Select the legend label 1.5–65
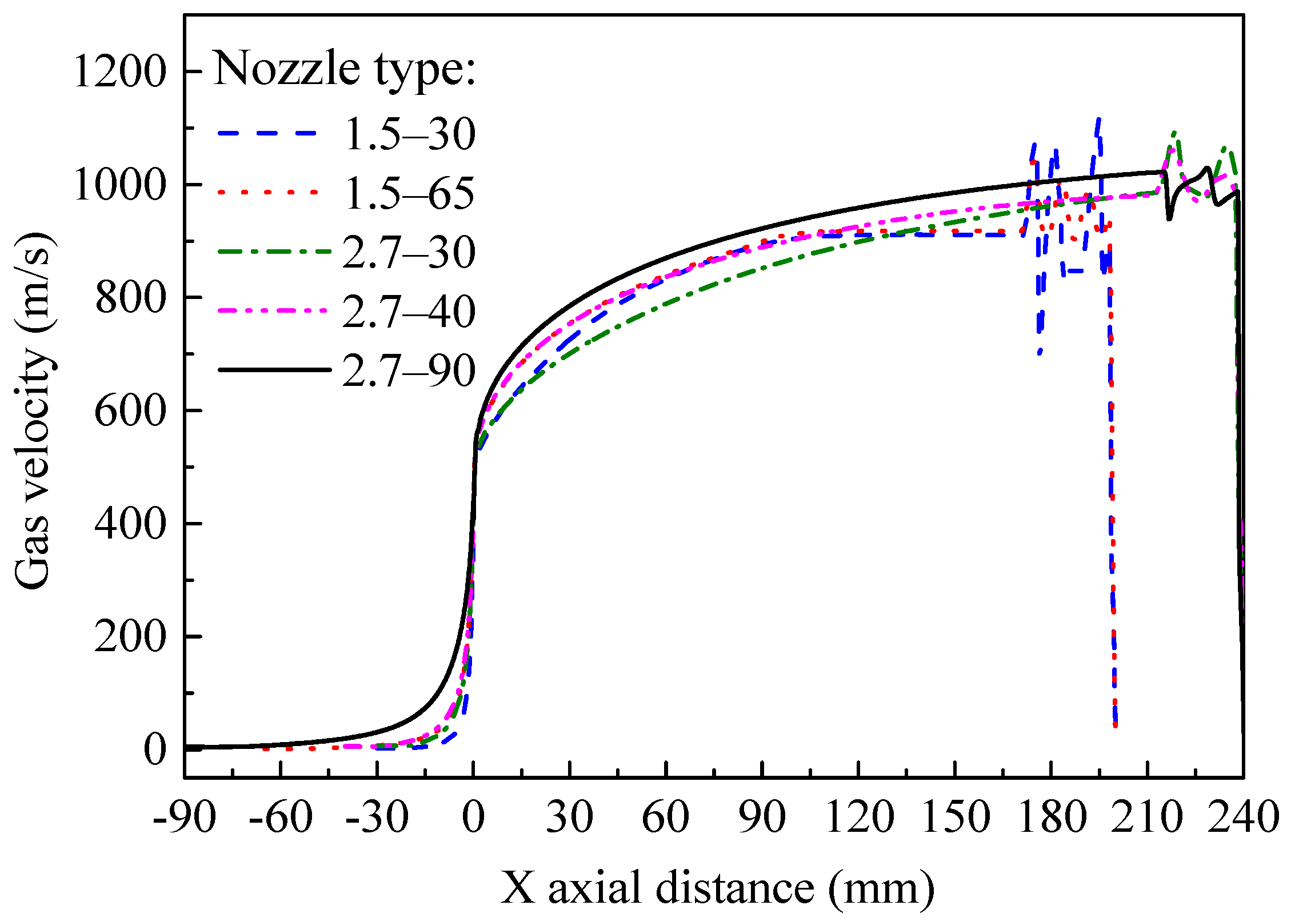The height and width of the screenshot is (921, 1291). click(409, 194)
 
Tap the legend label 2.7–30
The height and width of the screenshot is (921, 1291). click(409, 253)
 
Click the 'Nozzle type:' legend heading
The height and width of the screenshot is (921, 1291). click(344, 70)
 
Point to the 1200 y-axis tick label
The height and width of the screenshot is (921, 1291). click(119, 73)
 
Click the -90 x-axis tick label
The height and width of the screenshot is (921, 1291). click(184, 818)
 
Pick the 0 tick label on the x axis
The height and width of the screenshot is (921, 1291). click(473, 818)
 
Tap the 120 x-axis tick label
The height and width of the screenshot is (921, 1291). click(859, 818)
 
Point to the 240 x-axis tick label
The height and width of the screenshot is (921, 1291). click(1244, 818)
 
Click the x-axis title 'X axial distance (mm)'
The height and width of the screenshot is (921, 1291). click(717, 888)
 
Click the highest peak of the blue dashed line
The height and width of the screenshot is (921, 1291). click(1098, 119)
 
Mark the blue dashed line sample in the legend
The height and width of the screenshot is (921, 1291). click(267, 133)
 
